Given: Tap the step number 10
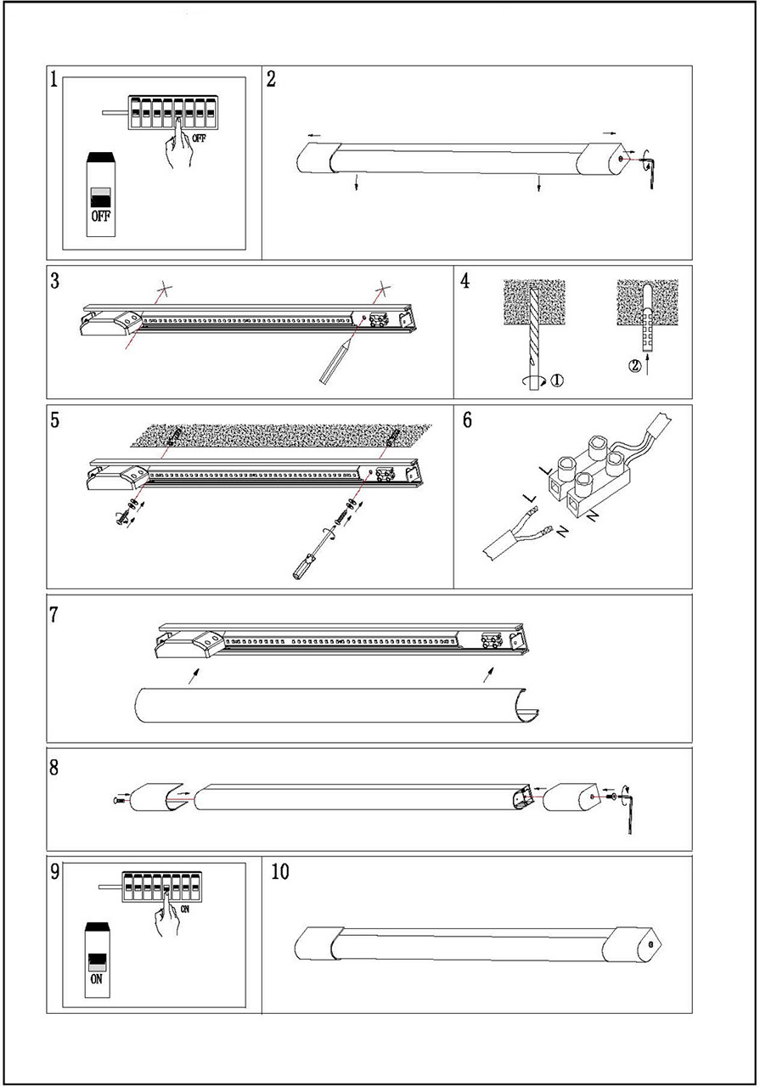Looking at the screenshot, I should click(279, 871).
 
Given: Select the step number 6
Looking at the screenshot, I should click(467, 421).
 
